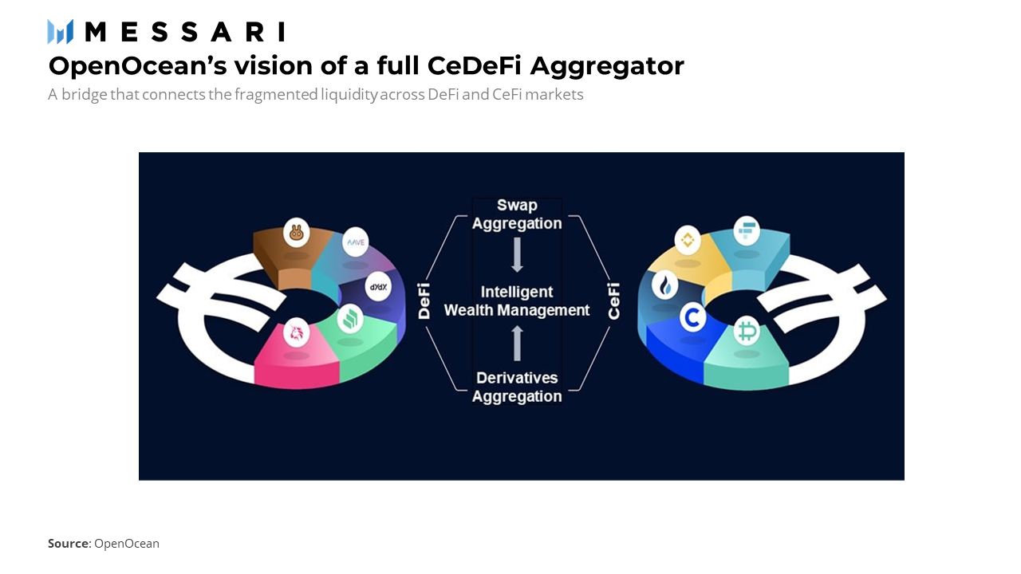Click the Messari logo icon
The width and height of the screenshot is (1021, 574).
[x=60, y=32]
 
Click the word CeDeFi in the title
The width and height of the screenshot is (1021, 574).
[x=474, y=65]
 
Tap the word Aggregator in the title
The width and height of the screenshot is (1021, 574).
[x=607, y=66]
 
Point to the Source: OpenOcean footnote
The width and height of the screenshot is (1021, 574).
[x=104, y=544]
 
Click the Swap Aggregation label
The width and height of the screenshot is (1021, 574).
[x=517, y=214]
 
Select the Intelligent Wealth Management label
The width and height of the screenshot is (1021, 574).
[x=517, y=301]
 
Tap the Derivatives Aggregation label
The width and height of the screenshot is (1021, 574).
[x=517, y=387]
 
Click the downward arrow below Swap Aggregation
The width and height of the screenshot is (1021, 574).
[x=517, y=255]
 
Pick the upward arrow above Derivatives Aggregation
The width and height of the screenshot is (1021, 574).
[x=517, y=343]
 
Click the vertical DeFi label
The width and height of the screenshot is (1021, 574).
[x=424, y=301]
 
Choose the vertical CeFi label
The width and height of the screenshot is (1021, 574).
[x=614, y=301]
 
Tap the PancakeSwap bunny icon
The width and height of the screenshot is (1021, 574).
[x=296, y=233]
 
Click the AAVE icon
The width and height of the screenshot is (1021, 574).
[x=356, y=242]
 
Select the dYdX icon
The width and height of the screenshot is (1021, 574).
[x=378, y=286]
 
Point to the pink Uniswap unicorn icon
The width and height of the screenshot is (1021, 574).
[x=296, y=332]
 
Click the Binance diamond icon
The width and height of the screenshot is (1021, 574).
[x=688, y=240]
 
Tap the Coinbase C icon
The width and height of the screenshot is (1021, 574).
[x=693, y=317]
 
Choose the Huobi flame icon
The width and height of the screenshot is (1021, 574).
[x=665, y=285]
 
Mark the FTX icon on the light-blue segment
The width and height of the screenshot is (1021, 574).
[x=747, y=230]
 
